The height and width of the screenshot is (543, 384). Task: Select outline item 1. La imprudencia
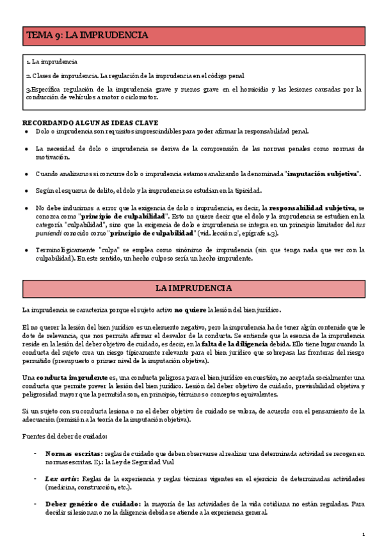[52, 62]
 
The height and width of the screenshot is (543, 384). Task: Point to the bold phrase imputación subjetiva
[323, 174]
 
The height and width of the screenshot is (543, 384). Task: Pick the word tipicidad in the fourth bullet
[243, 191]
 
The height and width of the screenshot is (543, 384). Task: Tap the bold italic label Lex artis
[60, 479]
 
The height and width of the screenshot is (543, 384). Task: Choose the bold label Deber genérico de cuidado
[93, 504]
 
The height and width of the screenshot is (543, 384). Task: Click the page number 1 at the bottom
[363, 534]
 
